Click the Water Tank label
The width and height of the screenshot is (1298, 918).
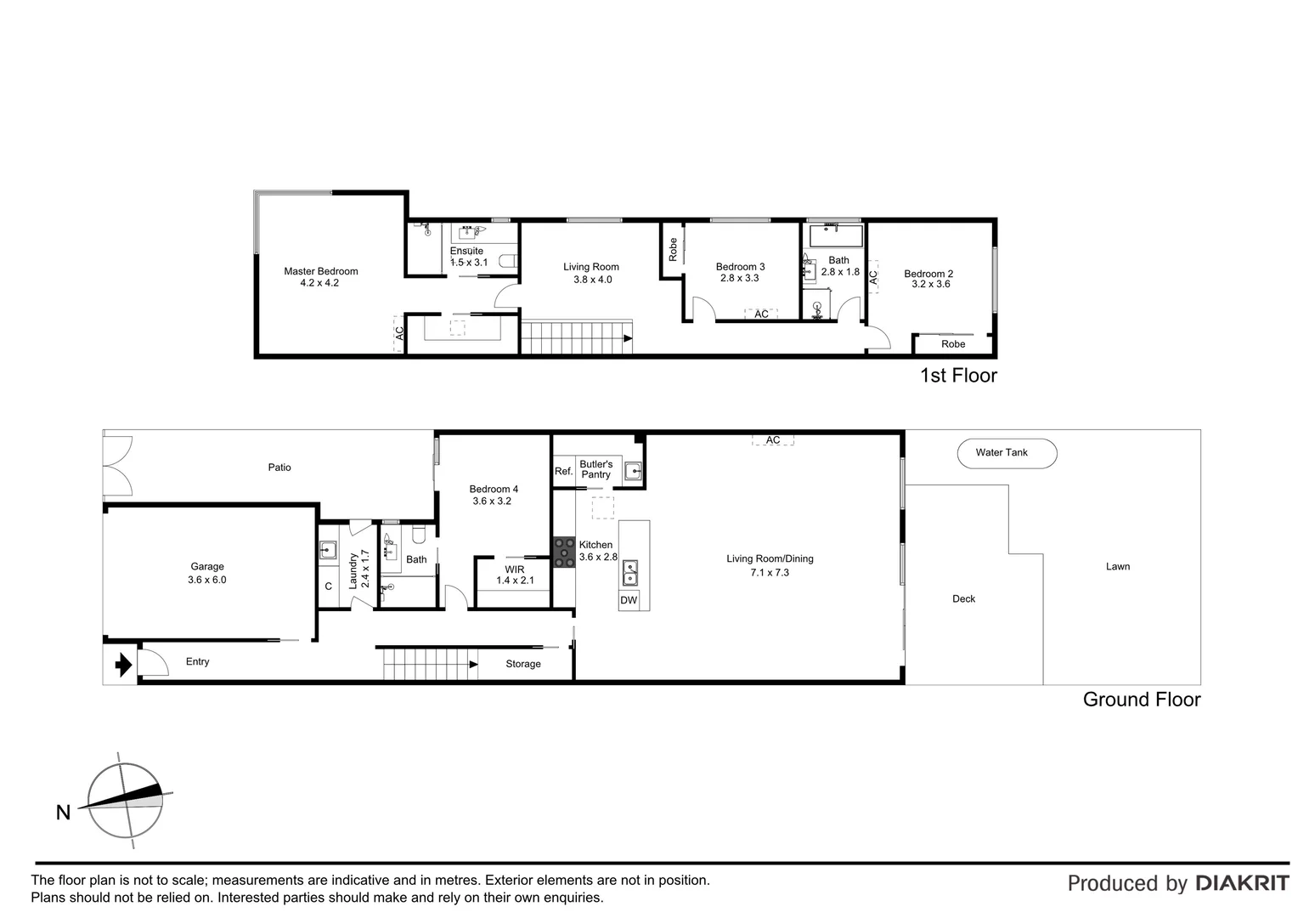(x=1001, y=453)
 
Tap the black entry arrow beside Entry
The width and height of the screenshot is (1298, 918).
(x=123, y=664)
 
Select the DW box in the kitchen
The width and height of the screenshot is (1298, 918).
(x=629, y=600)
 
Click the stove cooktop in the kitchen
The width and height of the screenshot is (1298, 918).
(x=564, y=552)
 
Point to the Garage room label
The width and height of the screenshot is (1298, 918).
(x=207, y=567)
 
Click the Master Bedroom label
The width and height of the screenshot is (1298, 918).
(x=320, y=271)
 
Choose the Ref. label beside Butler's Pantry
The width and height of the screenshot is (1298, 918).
(x=563, y=471)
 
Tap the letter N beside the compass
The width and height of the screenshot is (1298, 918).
(x=63, y=813)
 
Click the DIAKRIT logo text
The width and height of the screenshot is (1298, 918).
(x=1242, y=883)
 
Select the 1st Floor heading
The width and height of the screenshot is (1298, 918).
(x=958, y=376)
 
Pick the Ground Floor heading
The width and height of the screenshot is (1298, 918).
(x=1141, y=700)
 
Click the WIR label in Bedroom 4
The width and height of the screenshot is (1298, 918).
(x=515, y=569)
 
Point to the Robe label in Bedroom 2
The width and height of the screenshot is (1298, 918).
(x=953, y=344)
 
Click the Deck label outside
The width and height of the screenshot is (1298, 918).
(x=963, y=599)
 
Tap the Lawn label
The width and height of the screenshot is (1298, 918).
(x=1117, y=567)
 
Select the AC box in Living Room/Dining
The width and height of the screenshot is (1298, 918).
(x=772, y=440)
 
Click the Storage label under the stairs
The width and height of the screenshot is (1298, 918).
(x=522, y=664)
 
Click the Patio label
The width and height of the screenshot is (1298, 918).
(x=279, y=467)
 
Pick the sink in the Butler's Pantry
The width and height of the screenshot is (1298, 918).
(x=632, y=471)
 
